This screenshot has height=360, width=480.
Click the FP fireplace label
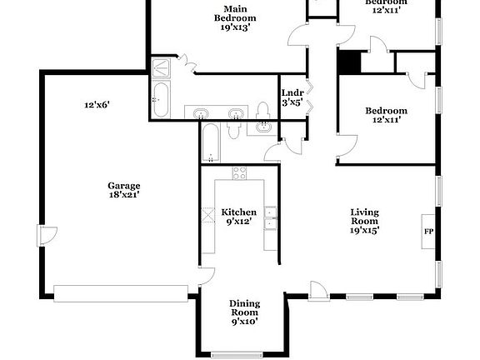(428, 232)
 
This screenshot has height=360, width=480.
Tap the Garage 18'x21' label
(124, 190)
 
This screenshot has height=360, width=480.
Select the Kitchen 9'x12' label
(239, 217)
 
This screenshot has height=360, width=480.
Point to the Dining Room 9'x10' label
(245, 312)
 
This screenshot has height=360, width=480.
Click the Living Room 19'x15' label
(365, 221)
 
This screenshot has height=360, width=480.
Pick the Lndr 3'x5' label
(292, 97)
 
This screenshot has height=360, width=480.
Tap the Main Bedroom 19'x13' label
(235, 18)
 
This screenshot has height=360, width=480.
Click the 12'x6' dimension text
(97, 105)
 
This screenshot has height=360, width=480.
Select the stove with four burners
(239, 173)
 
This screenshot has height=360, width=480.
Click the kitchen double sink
(270, 218)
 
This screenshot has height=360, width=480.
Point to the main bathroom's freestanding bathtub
(161, 99)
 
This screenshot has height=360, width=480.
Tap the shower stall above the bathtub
(161, 67)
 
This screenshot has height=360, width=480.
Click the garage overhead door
(121, 293)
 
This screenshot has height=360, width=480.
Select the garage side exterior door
(47, 235)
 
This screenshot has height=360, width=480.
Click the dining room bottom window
(237, 354)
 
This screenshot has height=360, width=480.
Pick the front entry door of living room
(318, 291)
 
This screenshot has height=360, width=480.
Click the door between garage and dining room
(207, 277)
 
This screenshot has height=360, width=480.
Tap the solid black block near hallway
(349, 62)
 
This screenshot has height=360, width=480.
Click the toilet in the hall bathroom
(234, 130)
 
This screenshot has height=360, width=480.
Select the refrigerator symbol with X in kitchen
(207, 215)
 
